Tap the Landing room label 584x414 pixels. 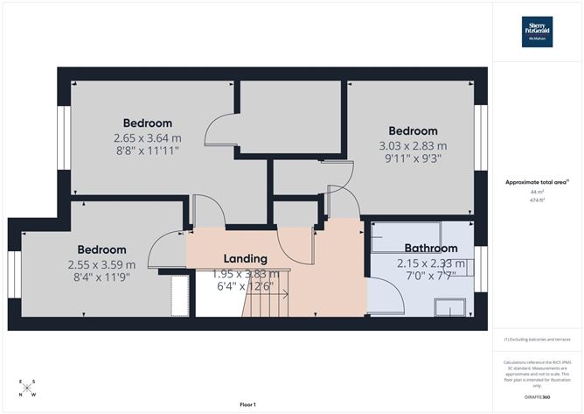(x=245, y=258)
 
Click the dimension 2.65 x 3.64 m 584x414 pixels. (x=147, y=137)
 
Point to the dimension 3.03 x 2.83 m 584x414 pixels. (x=412, y=145)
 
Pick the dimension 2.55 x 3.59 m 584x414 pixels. (x=101, y=264)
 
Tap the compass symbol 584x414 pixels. (x=28, y=388)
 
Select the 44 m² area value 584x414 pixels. (x=537, y=192)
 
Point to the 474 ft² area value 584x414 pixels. (x=537, y=200)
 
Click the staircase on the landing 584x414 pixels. (x=267, y=303)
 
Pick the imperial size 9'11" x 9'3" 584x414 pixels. (x=412, y=159)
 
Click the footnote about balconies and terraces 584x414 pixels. (x=537, y=339)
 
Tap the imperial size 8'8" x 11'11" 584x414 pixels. (x=147, y=151)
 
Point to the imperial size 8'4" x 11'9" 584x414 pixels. (x=101, y=277)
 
